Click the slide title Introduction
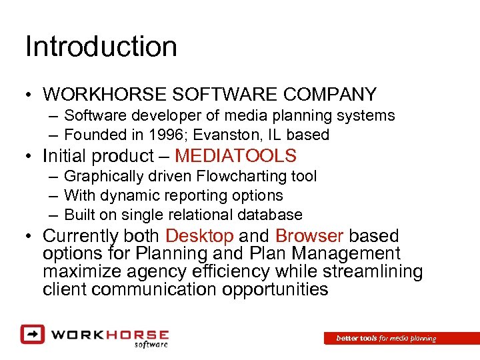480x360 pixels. point(101,47)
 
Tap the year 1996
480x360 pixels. point(163,135)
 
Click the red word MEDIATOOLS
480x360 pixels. point(235,156)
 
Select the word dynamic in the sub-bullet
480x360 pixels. point(126,195)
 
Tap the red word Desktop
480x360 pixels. point(199,236)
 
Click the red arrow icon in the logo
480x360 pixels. point(31,333)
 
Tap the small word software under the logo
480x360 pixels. point(151,344)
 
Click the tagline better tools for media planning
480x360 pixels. point(386,339)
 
